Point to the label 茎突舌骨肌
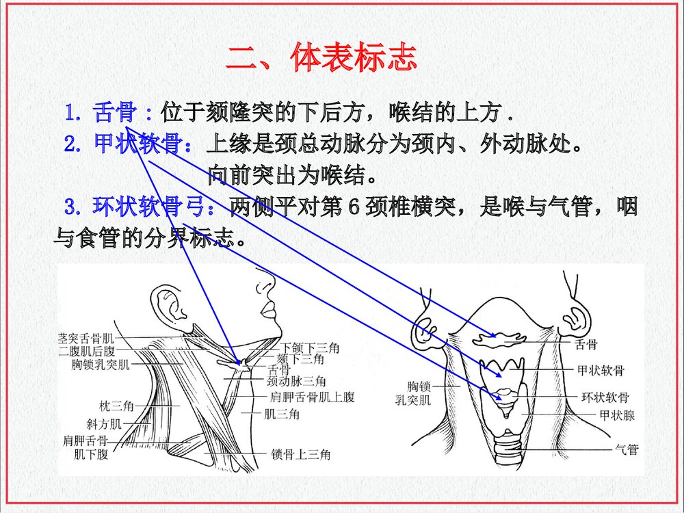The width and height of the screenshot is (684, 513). point(87,338)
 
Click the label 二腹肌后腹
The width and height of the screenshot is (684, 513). point(87,351)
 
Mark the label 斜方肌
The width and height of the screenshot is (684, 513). point(105,424)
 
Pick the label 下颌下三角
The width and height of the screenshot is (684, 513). point(311,348)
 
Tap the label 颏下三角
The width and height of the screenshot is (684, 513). point(300,359)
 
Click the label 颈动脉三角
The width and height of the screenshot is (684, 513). point(296,381)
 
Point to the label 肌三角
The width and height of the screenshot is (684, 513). point(282,414)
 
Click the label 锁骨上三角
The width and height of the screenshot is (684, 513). point(301,454)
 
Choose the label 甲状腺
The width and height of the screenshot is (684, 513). point(618,415)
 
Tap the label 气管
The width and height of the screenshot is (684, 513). point(627,450)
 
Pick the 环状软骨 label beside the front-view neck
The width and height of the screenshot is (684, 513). point(605,397)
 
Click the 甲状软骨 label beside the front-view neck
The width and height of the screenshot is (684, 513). point(601,370)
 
